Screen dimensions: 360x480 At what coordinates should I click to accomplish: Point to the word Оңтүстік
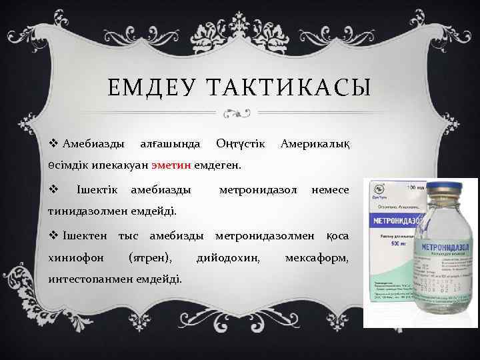coord(241,143)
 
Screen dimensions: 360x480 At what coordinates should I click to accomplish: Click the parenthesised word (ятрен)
coord(153,257)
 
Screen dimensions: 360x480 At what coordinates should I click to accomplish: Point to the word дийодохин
coord(229,257)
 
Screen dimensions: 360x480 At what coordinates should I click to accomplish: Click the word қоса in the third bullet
coord(337,236)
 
